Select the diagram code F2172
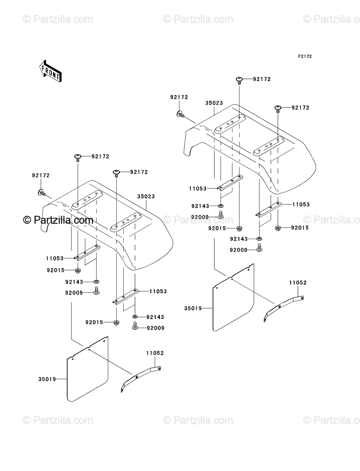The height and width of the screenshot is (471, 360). (305, 57)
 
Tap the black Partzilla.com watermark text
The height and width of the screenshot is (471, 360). (58, 220)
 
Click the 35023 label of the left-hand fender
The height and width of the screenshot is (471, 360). (146, 196)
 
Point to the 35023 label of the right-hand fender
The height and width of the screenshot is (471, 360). (214, 103)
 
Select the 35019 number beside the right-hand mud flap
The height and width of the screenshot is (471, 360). (193, 309)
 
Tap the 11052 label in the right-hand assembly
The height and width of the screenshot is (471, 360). (298, 283)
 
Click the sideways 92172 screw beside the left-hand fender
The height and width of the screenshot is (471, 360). (42, 192)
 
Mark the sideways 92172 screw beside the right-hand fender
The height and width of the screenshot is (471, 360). (180, 114)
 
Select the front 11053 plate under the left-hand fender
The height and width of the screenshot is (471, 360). (87, 253)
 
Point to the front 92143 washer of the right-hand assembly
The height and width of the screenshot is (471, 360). (220, 206)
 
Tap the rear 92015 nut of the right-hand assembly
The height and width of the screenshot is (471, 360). (278, 228)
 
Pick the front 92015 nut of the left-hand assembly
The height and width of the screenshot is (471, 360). (78, 271)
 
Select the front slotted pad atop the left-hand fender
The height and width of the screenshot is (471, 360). (87, 200)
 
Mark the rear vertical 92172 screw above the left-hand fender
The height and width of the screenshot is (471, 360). (116, 173)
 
